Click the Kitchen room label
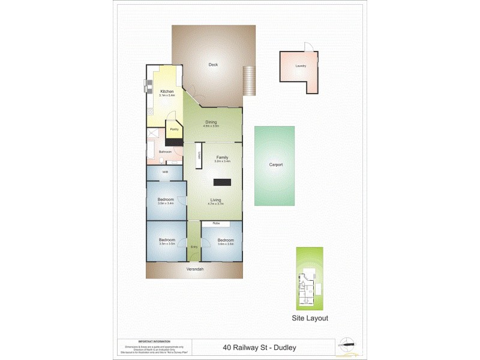(x=166, y=91)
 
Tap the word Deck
(x=212, y=65)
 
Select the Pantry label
(x=174, y=129)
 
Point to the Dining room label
(x=211, y=122)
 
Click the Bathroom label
(x=166, y=152)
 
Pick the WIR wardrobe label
(x=165, y=173)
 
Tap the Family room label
(x=223, y=157)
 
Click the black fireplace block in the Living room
(x=223, y=182)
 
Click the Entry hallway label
(x=194, y=247)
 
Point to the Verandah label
(x=194, y=269)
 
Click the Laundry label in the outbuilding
(x=301, y=67)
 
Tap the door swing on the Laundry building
(x=308, y=47)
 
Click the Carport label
(x=275, y=164)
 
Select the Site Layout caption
(x=310, y=319)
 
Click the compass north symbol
(x=350, y=345)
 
